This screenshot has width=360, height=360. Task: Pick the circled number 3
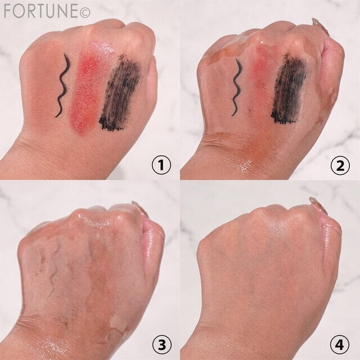click(162, 345)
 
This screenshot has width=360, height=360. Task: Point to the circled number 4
click(340, 345)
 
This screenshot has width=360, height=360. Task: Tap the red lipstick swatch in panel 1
click(89, 87)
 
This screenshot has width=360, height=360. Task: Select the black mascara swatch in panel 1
click(120, 91)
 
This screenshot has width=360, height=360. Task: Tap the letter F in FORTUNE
click(7, 11)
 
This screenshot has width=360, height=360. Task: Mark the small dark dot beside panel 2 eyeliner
click(249, 111)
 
